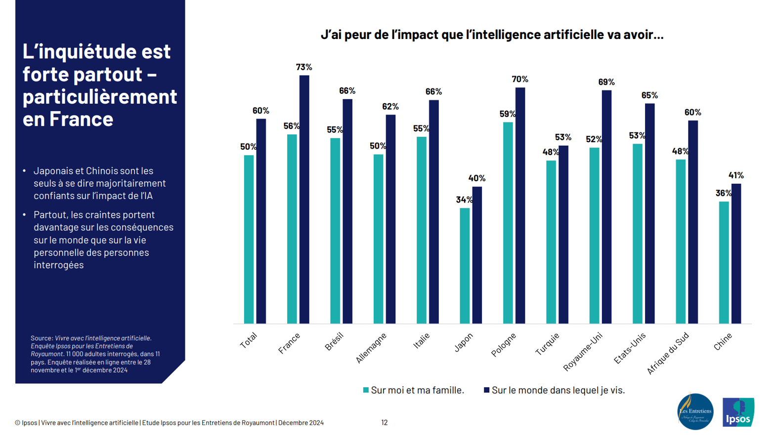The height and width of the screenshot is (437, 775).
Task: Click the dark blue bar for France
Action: click(x=304, y=199)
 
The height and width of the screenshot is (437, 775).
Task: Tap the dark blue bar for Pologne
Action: click(x=520, y=205)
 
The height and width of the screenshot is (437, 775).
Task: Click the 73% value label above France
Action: click(x=304, y=67)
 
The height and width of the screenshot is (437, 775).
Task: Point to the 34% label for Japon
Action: click(x=464, y=200)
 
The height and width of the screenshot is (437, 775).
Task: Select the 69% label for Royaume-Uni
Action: click(x=606, y=82)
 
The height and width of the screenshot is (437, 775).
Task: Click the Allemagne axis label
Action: click(x=371, y=348)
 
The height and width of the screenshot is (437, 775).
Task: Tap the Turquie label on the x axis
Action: click(x=548, y=344)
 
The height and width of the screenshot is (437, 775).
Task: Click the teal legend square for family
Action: click(x=366, y=390)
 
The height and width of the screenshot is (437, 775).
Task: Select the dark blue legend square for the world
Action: click(x=486, y=390)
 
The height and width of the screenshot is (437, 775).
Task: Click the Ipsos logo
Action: click(x=738, y=412)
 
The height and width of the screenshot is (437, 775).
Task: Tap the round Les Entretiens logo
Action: click(x=695, y=411)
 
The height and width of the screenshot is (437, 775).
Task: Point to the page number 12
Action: click(x=385, y=423)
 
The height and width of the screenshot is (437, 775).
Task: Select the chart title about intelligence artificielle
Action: click(x=492, y=35)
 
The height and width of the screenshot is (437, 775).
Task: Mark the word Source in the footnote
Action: click(x=42, y=338)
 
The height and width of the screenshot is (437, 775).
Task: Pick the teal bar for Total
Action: click(x=249, y=239)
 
